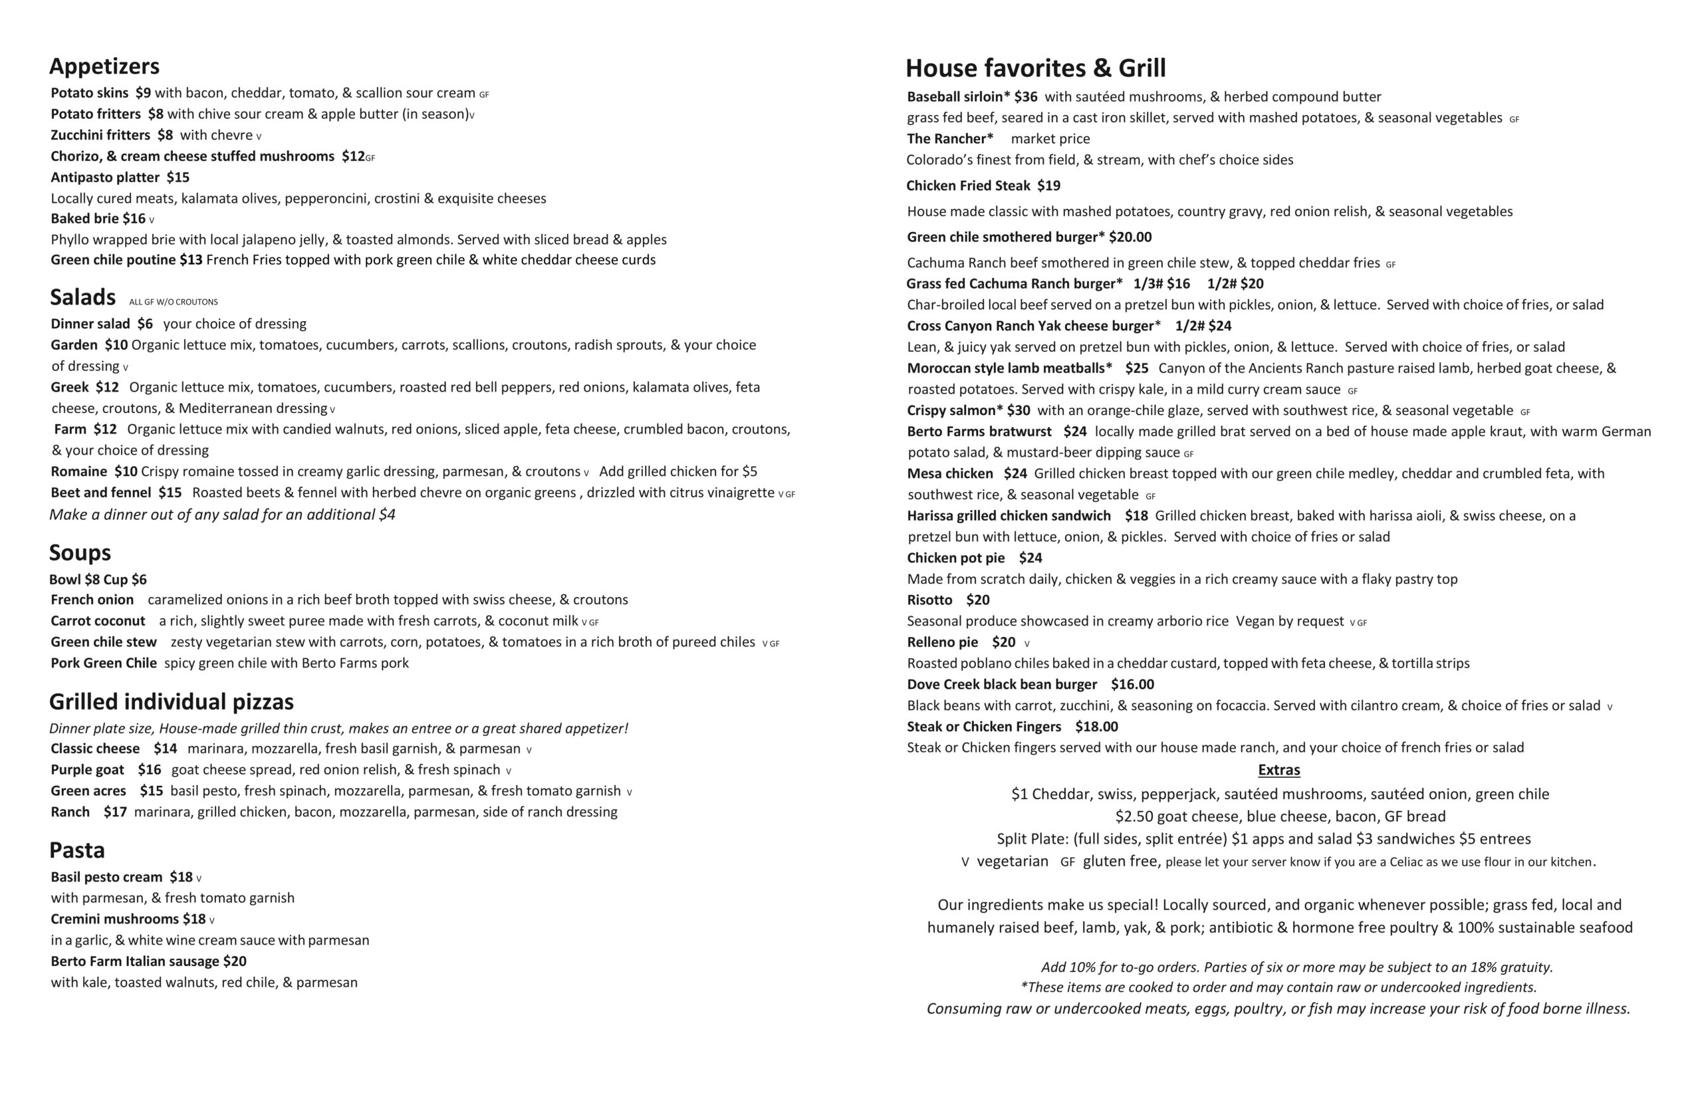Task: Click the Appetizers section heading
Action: (104, 66)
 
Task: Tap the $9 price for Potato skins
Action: (143, 93)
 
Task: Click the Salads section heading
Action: (82, 297)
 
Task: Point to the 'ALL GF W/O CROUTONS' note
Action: (173, 303)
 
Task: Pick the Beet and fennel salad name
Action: (101, 493)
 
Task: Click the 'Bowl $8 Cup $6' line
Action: (98, 579)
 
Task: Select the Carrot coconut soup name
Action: (98, 620)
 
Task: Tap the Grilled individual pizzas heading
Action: (171, 701)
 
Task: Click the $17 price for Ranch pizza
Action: (115, 812)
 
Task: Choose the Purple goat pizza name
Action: (87, 770)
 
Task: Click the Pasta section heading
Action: (77, 850)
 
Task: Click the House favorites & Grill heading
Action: (1035, 68)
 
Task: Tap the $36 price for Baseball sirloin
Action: (1025, 97)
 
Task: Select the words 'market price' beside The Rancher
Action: (1050, 139)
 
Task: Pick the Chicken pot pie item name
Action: (956, 558)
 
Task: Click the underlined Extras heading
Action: (1278, 770)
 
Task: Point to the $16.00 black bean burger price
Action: (1132, 684)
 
